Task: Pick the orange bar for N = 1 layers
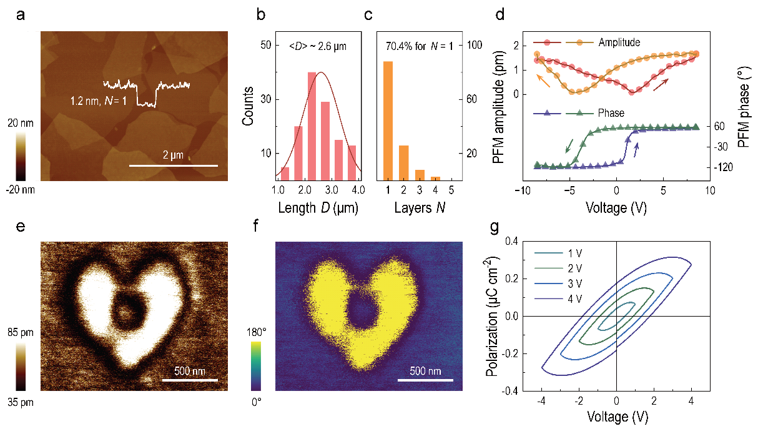(x=388, y=121)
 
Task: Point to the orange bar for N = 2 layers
(x=404, y=163)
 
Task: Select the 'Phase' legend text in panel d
(x=611, y=113)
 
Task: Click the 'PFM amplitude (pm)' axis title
(x=499, y=106)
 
